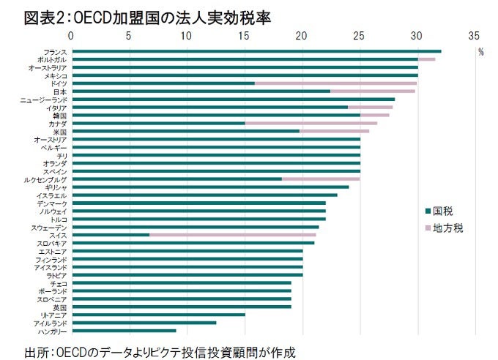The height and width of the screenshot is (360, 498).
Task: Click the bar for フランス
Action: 256,51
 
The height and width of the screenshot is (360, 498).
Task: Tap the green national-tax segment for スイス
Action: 111,235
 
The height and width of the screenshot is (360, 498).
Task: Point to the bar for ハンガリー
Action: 124,331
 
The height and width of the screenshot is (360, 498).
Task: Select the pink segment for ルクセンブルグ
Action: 320,179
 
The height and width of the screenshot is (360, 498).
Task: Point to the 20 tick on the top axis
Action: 302,36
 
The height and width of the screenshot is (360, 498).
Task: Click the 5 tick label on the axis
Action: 129,36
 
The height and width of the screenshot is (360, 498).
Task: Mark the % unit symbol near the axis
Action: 481,52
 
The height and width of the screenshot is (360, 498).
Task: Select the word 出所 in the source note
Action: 37,352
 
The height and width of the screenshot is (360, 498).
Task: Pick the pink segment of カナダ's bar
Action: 311,123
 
